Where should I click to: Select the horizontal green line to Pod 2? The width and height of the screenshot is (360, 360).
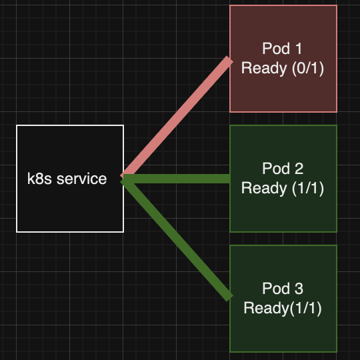tap(177, 179)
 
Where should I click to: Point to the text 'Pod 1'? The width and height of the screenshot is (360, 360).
tap(283, 49)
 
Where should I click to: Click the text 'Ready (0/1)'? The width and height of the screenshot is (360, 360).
tap(283, 68)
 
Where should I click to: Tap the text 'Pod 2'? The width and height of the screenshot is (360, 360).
tap(283, 169)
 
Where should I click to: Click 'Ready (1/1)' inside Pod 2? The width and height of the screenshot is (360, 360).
tap(283, 188)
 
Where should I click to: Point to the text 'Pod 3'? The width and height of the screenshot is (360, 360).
tap(283, 289)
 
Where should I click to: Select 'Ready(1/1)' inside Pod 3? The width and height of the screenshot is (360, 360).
tap(283, 308)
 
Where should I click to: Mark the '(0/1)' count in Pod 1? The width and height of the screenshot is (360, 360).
tap(307, 68)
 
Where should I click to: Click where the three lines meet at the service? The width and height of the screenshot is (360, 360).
tap(124, 178)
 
